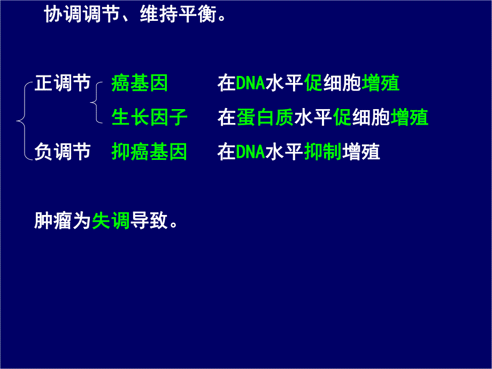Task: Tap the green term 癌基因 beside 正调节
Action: (x=140, y=83)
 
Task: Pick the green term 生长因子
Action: (x=149, y=118)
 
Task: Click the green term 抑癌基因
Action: (x=149, y=152)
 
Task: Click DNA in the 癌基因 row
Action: (x=250, y=84)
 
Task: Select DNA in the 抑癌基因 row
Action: (x=250, y=152)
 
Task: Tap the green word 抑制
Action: (x=322, y=152)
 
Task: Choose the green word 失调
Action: (x=111, y=220)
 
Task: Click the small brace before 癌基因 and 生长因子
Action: (x=95, y=102)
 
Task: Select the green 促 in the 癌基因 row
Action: (x=313, y=83)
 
